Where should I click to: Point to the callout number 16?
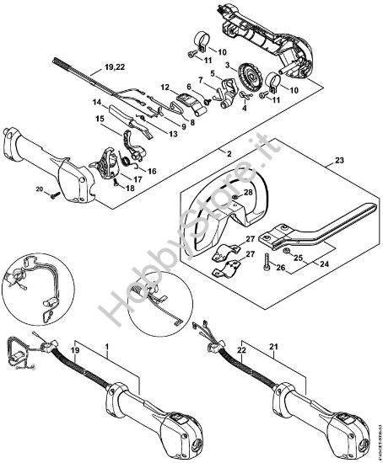tap(153, 170)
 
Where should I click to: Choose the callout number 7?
tap(200, 82)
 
